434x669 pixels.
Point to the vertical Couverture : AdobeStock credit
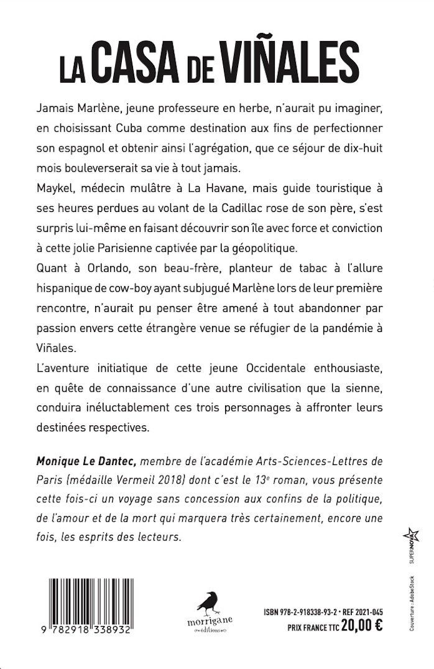(x=411, y=603)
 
